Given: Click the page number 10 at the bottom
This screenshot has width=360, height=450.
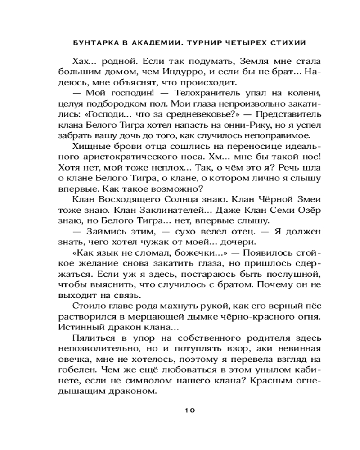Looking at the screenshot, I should coord(189,410).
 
